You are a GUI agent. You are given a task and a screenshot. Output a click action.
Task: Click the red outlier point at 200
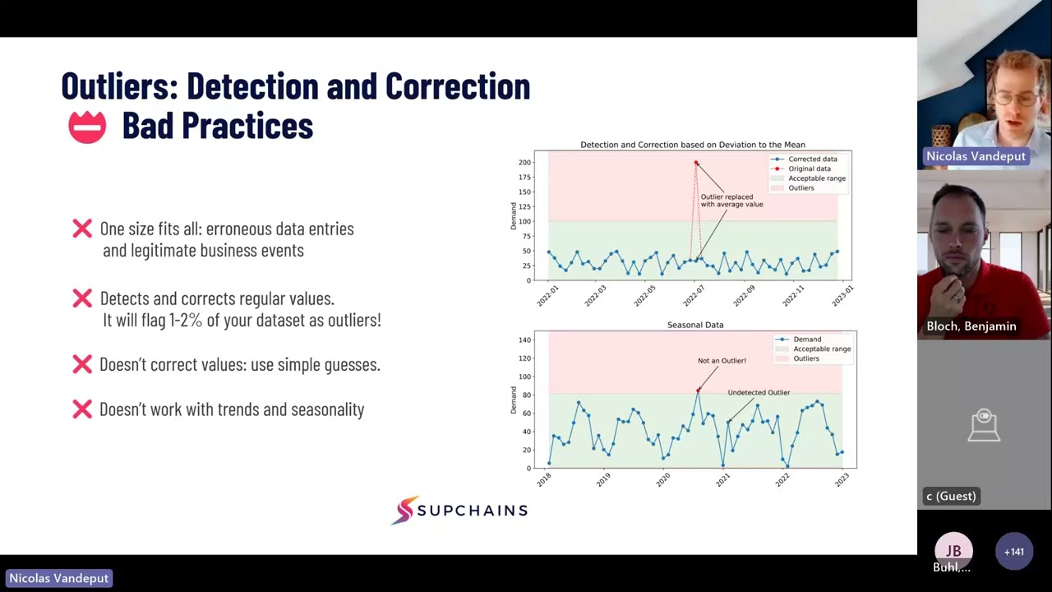(696, 163)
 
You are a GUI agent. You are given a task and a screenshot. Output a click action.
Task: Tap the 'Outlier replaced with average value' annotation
(731, 201)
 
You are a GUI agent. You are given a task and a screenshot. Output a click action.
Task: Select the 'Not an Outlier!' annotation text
(722, 360)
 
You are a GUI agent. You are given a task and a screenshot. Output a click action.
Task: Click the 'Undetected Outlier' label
(758, 392)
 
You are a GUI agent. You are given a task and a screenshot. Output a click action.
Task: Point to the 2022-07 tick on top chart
(695, 294)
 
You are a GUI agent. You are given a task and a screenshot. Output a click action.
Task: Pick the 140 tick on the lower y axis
(524, 340)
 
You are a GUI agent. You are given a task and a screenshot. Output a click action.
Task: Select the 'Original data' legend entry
(809, 169)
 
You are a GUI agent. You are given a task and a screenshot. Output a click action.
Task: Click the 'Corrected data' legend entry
(812, 159)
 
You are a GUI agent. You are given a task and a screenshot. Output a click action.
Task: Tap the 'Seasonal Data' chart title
(695, 325)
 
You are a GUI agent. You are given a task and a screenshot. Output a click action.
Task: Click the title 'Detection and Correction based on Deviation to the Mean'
(693, 145)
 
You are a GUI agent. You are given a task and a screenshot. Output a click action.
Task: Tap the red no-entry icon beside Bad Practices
(87, 127)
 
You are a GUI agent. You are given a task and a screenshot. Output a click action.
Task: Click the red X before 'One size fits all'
(82, 229)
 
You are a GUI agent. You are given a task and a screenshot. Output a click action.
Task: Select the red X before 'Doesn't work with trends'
(82, 409)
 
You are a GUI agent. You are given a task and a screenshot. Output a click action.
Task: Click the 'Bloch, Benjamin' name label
(971, 326)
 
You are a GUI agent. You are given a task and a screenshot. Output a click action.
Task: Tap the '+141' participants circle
(1013, 552)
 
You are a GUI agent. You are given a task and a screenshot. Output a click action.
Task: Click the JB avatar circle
(953, 551)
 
